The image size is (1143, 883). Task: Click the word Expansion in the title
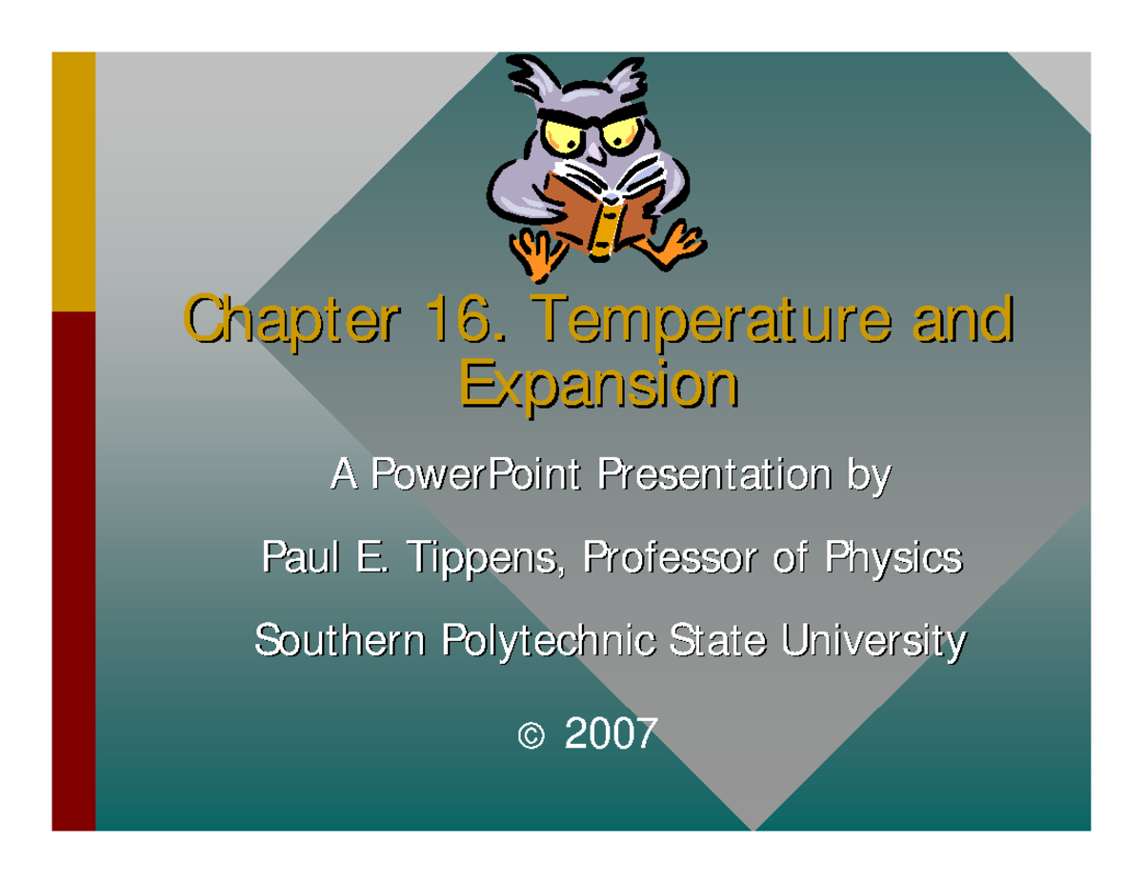[600, 388]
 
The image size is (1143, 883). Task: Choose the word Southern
[339, 639]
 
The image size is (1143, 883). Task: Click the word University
[871, 641]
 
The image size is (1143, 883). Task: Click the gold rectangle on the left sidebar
[73, 181]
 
